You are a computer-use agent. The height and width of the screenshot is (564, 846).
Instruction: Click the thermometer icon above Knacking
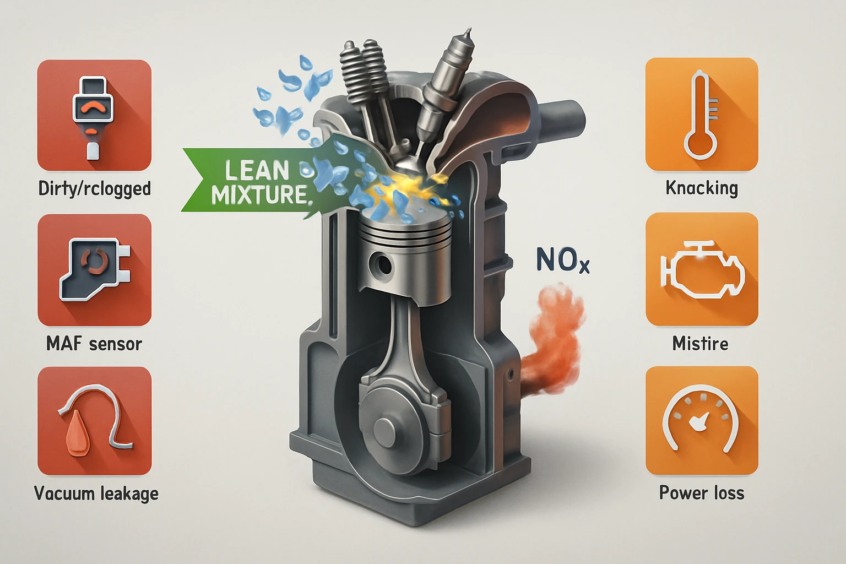[x=701, y=115]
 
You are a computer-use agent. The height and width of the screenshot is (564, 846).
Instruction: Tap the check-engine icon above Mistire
[x=701, y=269]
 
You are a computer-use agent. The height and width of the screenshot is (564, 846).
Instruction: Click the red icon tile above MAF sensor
[x=94, y=270]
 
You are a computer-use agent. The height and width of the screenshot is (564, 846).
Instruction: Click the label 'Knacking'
[x=701, y=188]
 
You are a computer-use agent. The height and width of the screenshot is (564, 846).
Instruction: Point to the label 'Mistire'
[x=700, y=344]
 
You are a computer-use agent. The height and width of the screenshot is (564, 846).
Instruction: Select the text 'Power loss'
[x=701, y=492]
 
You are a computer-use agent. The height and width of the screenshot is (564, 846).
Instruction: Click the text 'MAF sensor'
[x=94, y=344]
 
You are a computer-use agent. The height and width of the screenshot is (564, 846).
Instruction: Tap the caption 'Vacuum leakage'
[x=96, y=493]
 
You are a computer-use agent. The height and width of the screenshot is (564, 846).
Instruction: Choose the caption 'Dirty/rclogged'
[x=94, y=188]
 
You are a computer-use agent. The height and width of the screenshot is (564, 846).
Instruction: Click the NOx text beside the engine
[x=563, y=261]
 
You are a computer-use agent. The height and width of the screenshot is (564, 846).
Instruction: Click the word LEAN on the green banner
[x=257, y=170]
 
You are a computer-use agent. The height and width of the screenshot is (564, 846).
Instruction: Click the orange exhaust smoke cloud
[x=555, y=340]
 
